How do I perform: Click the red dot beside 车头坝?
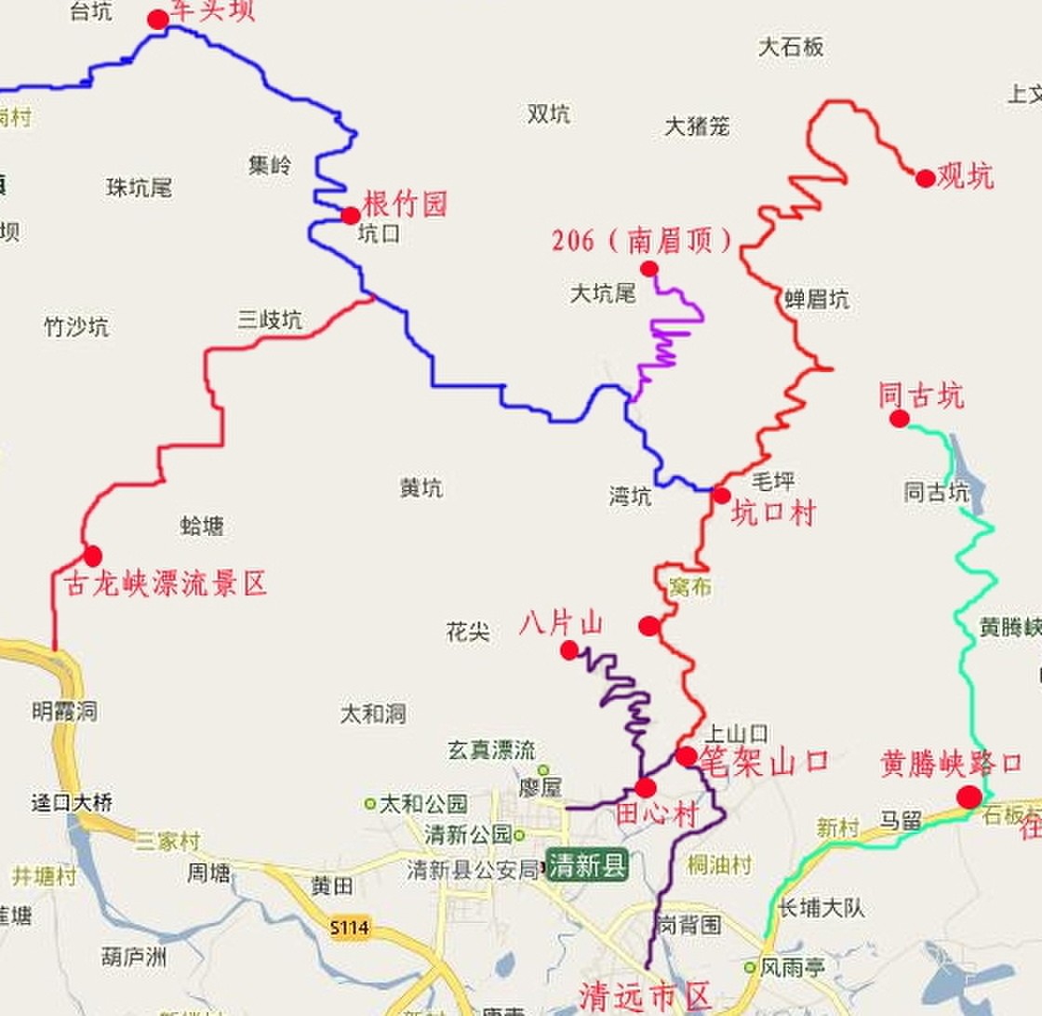tap(158, 20)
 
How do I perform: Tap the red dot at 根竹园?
tap(351, 216)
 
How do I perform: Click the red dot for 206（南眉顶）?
tap(649, 268)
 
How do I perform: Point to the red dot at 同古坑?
tap(899, 419)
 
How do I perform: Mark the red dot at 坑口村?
tap(721, 495)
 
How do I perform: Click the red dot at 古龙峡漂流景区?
tap(92, 555)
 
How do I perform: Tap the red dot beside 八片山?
tap(569, 650)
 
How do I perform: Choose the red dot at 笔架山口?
tap(686, 756)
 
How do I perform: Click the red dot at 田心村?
tap(647, 786)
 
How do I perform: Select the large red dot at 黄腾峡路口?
tap(969, 796)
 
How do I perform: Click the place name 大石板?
tap(791, 47)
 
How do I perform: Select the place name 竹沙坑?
tap(76, 327)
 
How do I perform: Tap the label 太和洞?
tap(373, 714)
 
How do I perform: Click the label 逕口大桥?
tap(72, 803)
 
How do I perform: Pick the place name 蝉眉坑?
tap(817, 299)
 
